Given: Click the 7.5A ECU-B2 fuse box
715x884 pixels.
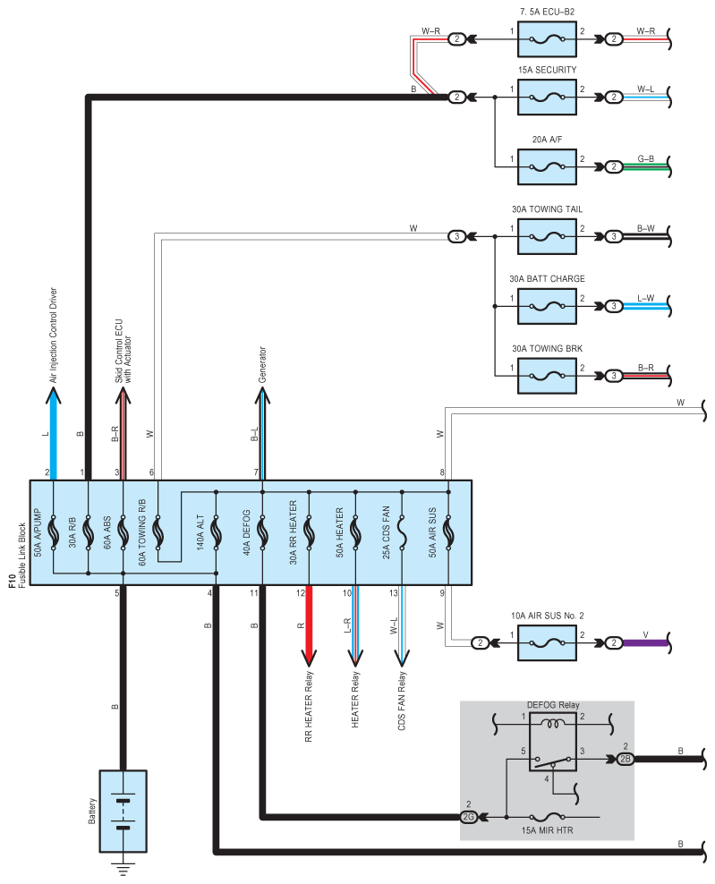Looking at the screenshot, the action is pyautogui.click(x=547, y=39).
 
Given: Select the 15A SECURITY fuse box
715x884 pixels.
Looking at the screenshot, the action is pyautogui.click(x=547, y=97).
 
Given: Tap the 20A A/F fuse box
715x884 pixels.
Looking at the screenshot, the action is pyautogui.click(x=547, y=167).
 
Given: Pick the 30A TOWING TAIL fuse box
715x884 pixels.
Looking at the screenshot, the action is pyautogui.click(x=547, y=236).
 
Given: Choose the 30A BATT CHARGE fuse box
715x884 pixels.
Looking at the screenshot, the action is pyautogui.click(x=547, y=306).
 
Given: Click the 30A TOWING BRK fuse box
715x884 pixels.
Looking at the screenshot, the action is pyautogui.click(x=547, y=376).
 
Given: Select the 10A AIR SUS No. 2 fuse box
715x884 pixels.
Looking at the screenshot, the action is pyautogui.click(x=547, y=642).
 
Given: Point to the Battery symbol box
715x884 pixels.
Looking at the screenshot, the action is pyautogui.click(x=123, y=812).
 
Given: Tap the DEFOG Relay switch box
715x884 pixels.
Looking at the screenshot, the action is pyautogui.click(x=553, y=742).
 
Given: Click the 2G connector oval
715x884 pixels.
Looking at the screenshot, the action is pyautogui.click(x=469, y=817).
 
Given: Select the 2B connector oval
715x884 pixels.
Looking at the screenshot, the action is pyautogui.click(x=625, y=759).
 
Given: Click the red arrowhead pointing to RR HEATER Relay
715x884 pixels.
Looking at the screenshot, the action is pyautogui.click(x=309, y=658).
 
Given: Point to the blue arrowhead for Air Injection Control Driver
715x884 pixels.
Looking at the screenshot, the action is pyautogui.click(x=54, y=395).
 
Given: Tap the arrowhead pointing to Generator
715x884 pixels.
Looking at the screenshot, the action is pyautogui.click(x=262, y=395).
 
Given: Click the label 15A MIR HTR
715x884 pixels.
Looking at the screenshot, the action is pyautogui.click(x=547, y=830).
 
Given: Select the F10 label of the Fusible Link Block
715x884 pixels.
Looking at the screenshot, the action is pyautogui.click(x=13, y=582).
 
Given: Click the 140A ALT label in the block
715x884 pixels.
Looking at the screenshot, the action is pyautogui.click(x=200, y=532).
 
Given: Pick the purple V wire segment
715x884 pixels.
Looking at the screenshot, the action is pyautogui.click(x=645, y=642).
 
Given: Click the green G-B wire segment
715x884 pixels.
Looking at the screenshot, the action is pyautogui.click(x=645, y=167).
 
